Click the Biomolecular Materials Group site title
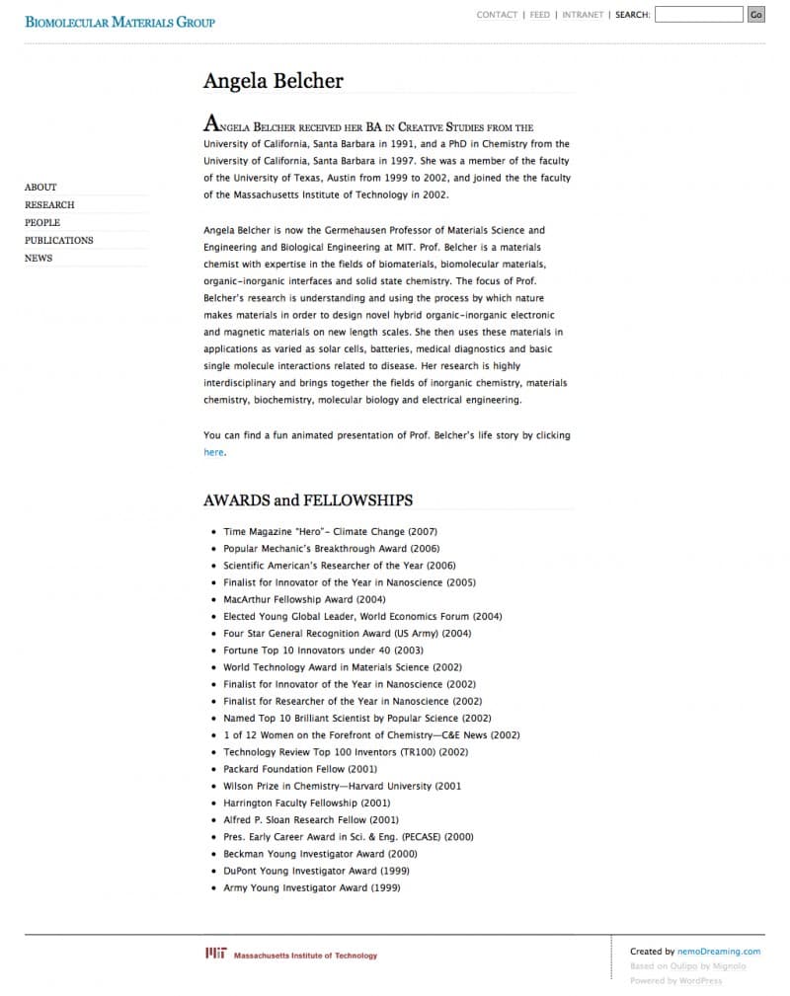click(x=119, y=22)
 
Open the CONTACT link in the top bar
click(x=497, y=15)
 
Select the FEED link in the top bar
click(x=540, y=15)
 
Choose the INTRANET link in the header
click(x=583, y=15)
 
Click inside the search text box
click(x=698, y=15)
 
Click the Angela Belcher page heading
click(x=274, y=81)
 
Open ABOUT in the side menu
click(x=40, y=187)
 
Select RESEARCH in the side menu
click(x=49, y=204)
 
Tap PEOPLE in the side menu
click(x=42, y=222)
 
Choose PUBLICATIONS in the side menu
click(x=59, y=240)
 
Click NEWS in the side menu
click(x=39, y=258)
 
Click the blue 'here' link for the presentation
click(x=213, y=452)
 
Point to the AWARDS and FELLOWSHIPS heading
click(x=308, y=500)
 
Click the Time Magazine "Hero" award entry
click(x=330, y=532)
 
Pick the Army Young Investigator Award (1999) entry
click(x=311, y=887)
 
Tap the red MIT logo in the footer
click(x=216, y=954)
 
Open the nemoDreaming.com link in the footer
click(x=720, y=952)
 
